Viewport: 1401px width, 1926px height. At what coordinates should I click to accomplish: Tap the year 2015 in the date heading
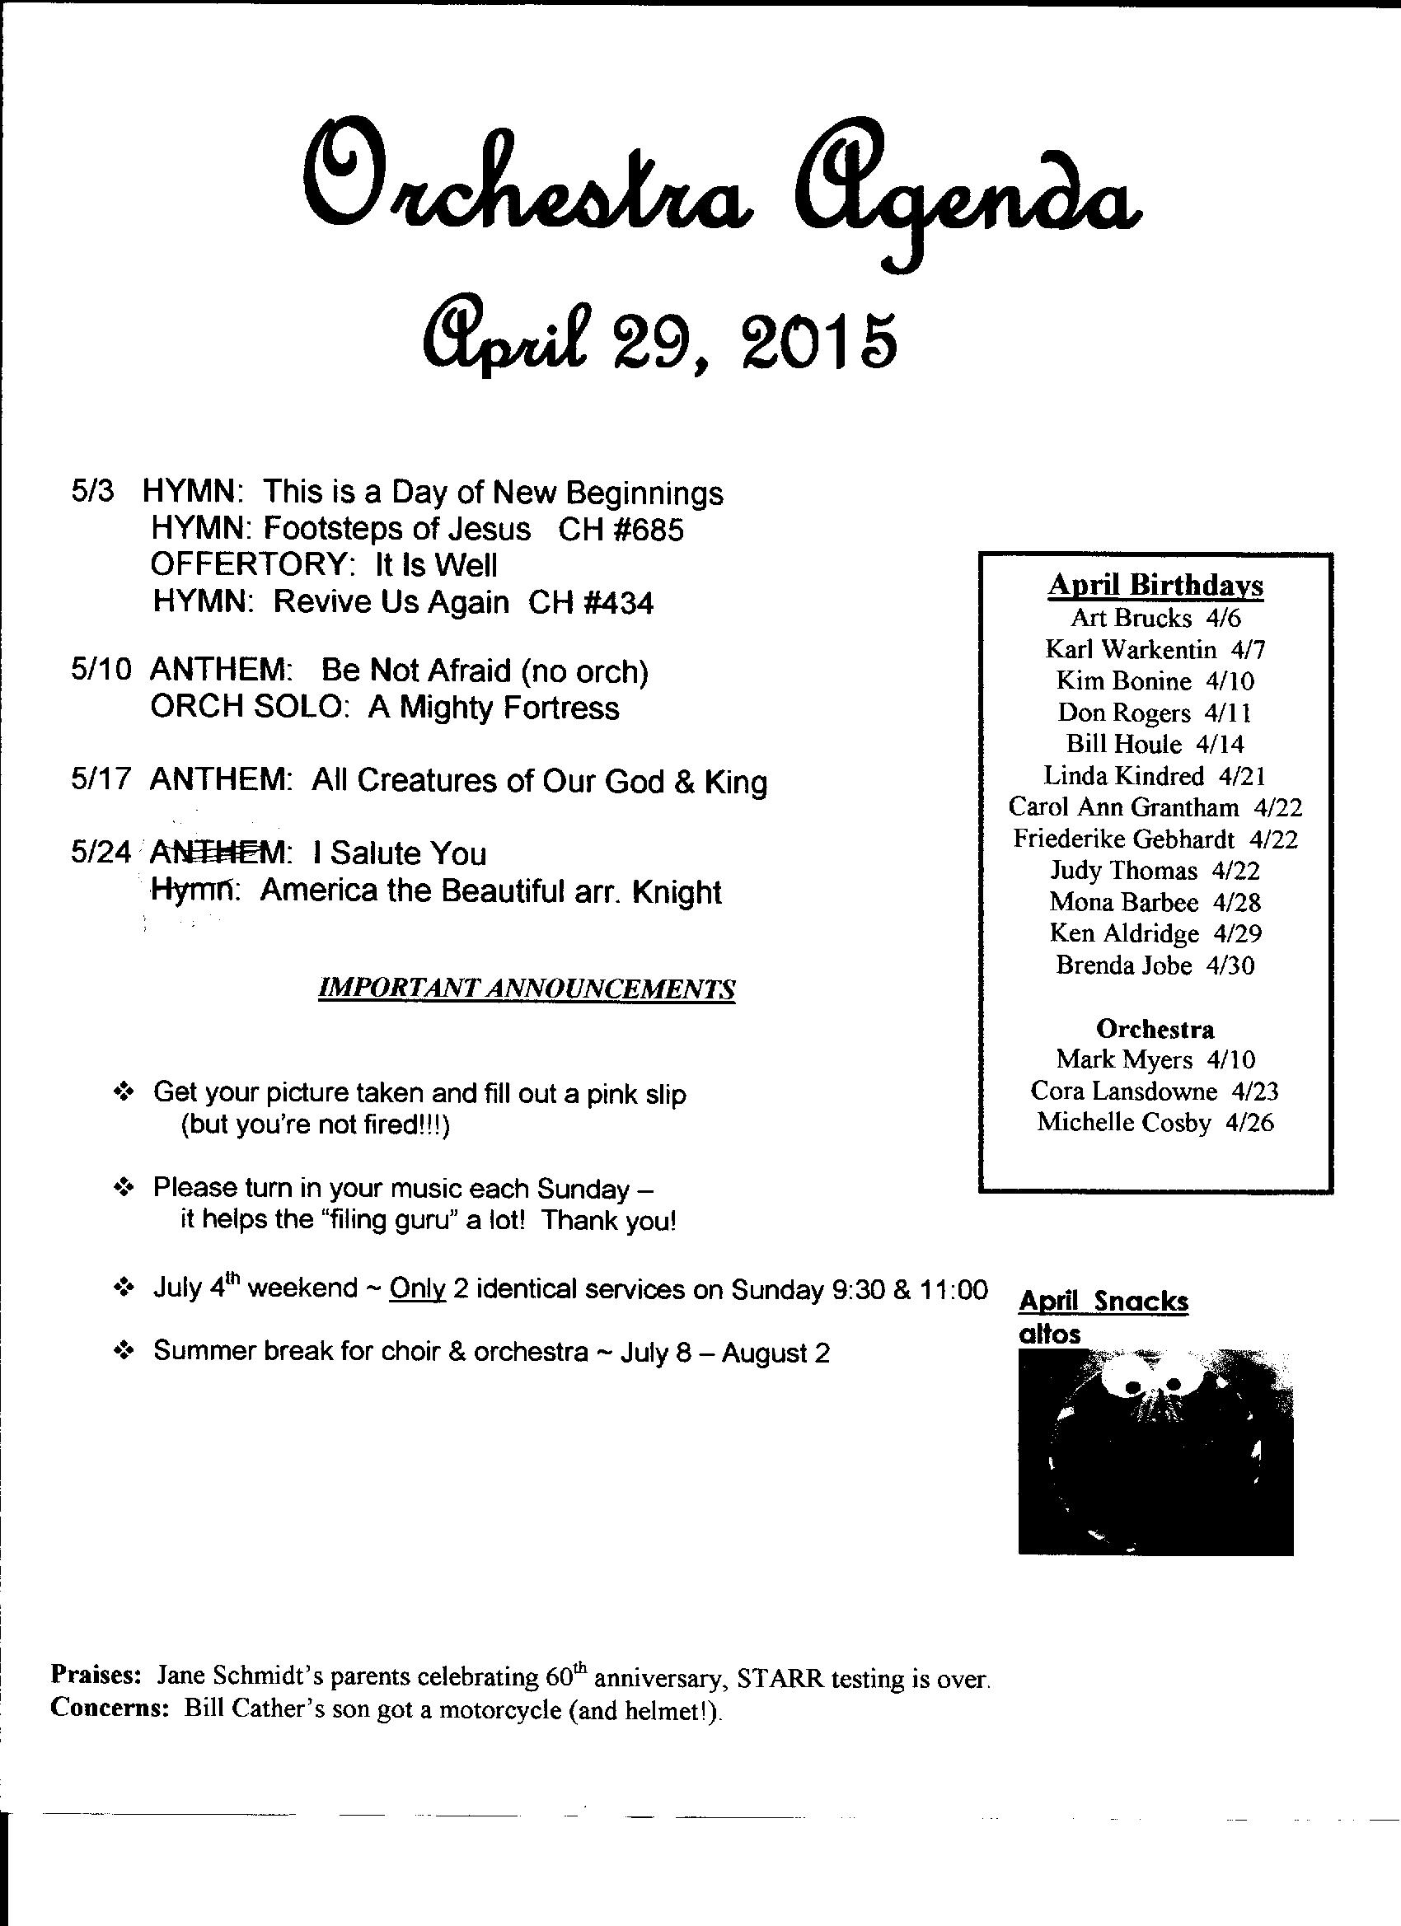(x=819, y=341)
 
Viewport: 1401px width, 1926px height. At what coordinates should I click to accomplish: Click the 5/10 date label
(x=101, y=671)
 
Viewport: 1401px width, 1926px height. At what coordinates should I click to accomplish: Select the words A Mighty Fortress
(x=494, y=708)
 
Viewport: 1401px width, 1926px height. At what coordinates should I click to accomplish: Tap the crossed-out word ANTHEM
(x=219, y=852)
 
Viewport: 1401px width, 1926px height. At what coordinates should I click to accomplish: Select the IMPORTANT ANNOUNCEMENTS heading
(x=526, y=989)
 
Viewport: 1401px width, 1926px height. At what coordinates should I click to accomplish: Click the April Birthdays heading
(x=1155, y=585)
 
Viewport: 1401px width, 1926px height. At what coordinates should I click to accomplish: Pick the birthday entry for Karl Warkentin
(x=1155, y=650)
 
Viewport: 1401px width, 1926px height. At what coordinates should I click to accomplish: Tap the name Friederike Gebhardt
(x=1123, y=839)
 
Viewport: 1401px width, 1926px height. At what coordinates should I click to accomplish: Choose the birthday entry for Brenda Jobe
(x=1155, y=965)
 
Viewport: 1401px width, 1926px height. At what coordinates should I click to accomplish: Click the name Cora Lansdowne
(x=1123, y=1091)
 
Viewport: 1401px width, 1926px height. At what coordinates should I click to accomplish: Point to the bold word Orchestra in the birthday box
(x=1155, y=1029)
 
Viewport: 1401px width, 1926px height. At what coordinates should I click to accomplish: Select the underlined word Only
(x=417, y=1289)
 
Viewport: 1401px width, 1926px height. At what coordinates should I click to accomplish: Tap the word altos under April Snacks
(x=1049, y=1334)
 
